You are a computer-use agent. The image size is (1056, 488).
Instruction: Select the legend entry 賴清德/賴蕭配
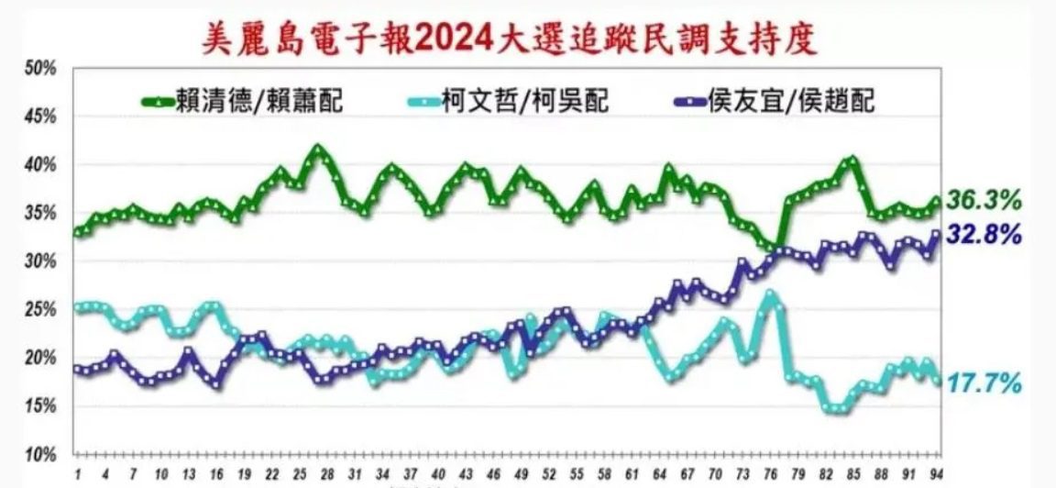[x=242, y=100]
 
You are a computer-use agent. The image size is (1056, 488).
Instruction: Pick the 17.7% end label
[x=984, y=383]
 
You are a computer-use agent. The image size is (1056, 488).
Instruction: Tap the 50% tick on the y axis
[x=42, y=69]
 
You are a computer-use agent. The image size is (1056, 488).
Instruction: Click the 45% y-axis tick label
[x=42, y=117]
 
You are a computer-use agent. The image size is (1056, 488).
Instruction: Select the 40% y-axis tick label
[x=42, y=165]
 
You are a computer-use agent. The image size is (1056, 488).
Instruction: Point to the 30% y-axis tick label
[x=42, y=261]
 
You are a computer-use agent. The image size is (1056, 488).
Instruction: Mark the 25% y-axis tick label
[x=42, y=310]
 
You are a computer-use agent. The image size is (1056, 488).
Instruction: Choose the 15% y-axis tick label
[x=42, y=406]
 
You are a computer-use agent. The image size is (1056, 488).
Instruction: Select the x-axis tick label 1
[x=79, y=472]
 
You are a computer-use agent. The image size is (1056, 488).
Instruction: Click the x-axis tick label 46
[x=494, y=472]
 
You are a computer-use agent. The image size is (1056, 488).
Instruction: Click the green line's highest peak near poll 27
[x=318, y=148]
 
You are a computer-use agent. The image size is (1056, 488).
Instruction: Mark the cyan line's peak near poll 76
[x=771, y=295]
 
